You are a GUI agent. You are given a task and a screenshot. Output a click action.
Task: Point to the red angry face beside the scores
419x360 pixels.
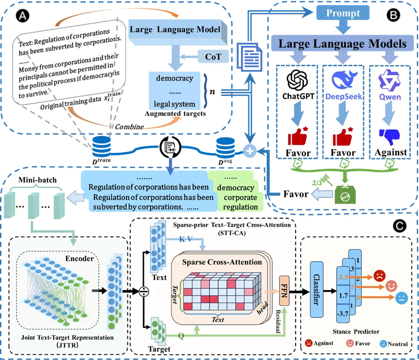[379, 277]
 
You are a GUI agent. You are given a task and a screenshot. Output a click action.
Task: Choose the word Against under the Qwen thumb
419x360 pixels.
[390, 152]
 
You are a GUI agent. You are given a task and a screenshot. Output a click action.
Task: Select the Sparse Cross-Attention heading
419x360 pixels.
[222, 262]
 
